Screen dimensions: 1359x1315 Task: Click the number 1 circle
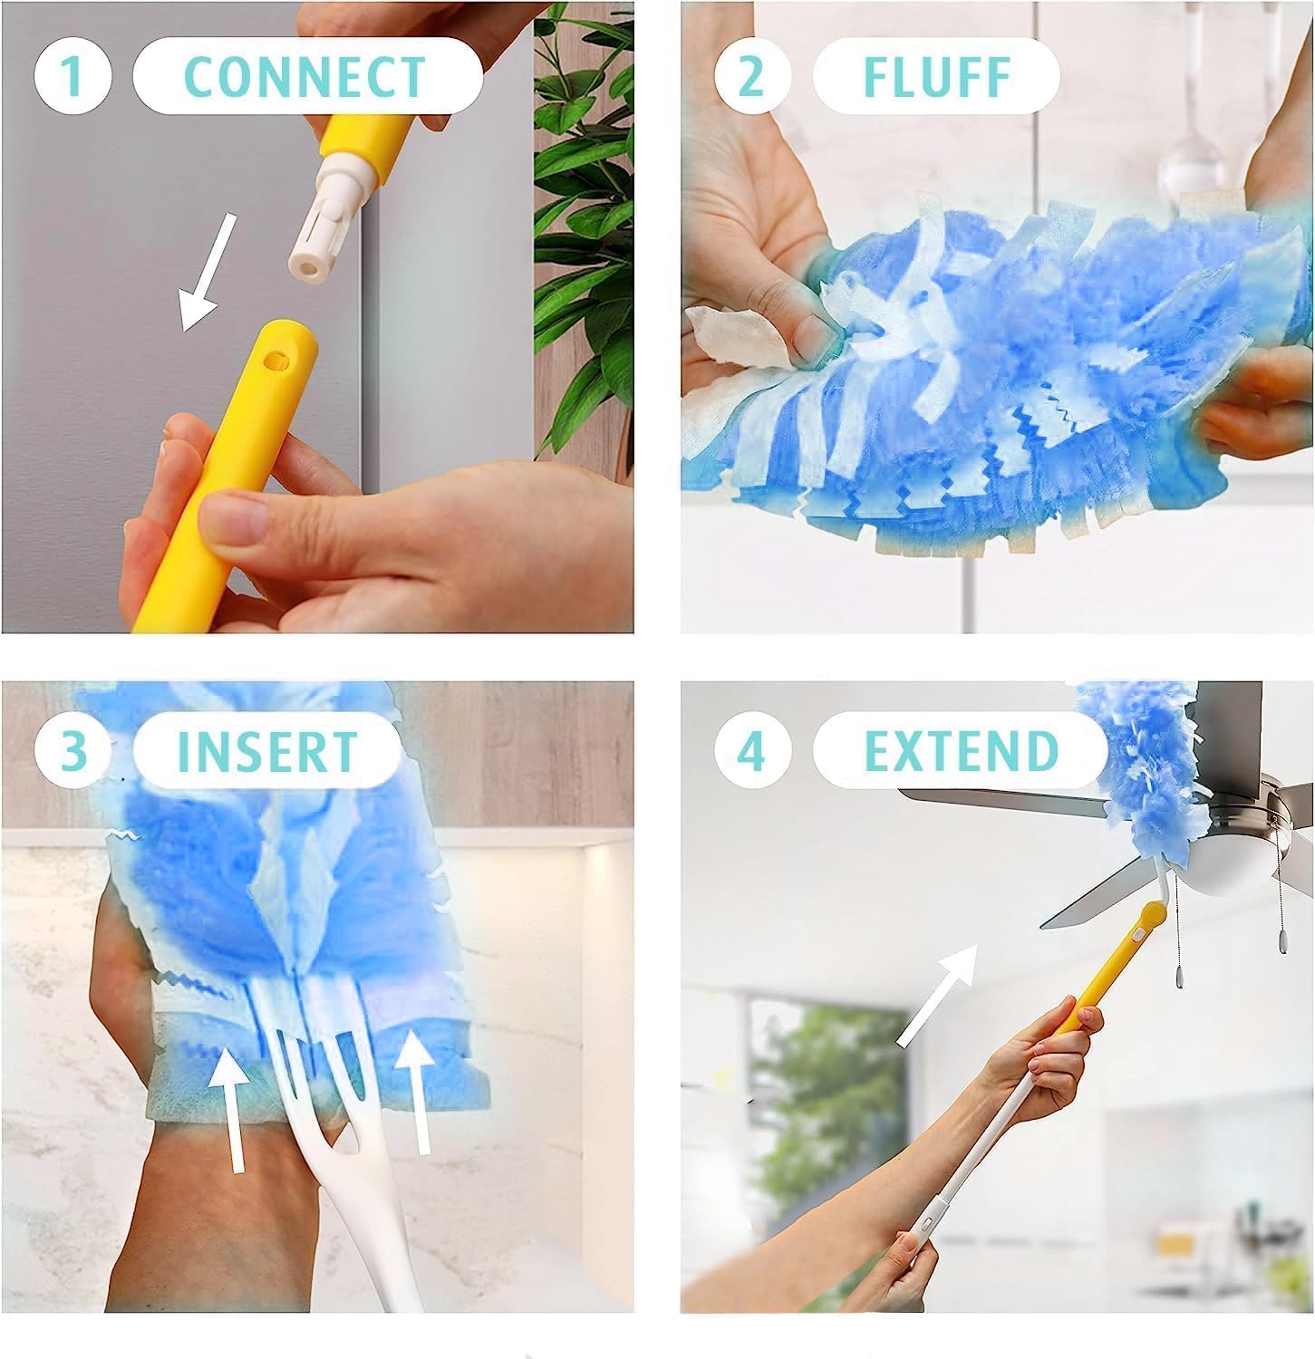tap(72, 77)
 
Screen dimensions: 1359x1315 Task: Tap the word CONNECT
tap(305, 77)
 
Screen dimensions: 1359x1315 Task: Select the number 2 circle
tap(751, 77)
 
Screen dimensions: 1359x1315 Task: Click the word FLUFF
tap(936, 77)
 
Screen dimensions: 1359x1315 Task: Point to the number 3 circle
tap(72, 751)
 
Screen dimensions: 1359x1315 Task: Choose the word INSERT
tap(267, 751)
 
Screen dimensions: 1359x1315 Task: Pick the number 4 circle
tap(751, 751)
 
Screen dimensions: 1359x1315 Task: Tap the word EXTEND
tap(961, 751)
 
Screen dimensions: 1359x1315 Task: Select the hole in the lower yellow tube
tap(271, 359)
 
